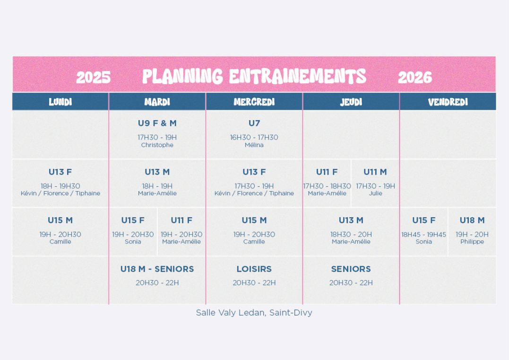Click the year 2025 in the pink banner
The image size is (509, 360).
tap(94, 77)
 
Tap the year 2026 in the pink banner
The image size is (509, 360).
tap(415, 77)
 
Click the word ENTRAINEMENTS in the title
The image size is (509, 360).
tap(298, 76)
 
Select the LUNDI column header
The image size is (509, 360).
tap(60, 102)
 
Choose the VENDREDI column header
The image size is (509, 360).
tap(448, 102)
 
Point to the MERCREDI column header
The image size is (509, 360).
tap(254, 102)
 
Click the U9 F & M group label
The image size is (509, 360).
tap(157, 123)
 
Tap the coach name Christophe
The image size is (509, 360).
tap(157, 145)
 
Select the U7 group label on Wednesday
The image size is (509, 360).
tap(254, 123)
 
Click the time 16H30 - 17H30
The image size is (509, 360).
tap(254, 138)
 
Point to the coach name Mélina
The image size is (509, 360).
tap(254, 145)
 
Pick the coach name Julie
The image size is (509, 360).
tap(376, 193)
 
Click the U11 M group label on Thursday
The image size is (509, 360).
tap(375, 172)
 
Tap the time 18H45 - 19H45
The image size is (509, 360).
tap(423, 235)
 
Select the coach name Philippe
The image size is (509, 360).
tap(472, 242)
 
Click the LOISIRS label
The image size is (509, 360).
tap(254, 269)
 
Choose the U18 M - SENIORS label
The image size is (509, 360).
tap(157, 269)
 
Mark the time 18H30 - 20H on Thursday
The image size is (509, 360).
tap(351, 235)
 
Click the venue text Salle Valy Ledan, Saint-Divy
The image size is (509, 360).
tap(254, 313)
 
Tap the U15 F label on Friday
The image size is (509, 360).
tap(423, 220)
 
